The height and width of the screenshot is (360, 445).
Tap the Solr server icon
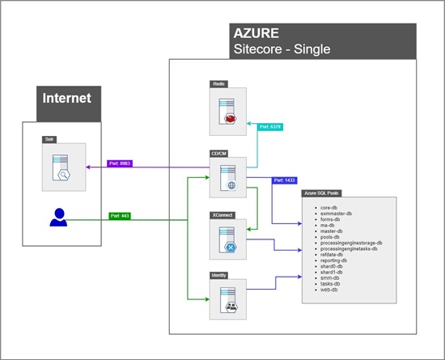pos(64,168)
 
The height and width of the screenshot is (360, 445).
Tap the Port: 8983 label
pos(119,163)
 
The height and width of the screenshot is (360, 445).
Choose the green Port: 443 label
pos(121,216)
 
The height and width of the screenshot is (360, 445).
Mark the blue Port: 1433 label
pos(286,180)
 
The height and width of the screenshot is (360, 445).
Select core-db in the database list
pos(329,208)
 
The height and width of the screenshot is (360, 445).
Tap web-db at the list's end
pos(329,290)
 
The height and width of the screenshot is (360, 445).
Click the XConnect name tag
pos(220,217)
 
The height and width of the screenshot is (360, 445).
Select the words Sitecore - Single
pos(281,50)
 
